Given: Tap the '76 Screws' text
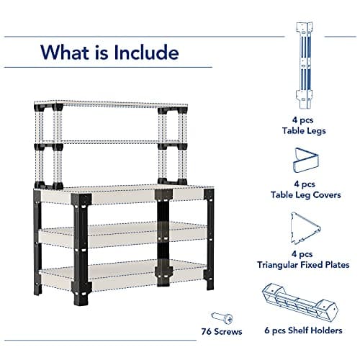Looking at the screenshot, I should coord(221,331).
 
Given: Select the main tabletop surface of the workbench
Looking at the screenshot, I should coord(122,193).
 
